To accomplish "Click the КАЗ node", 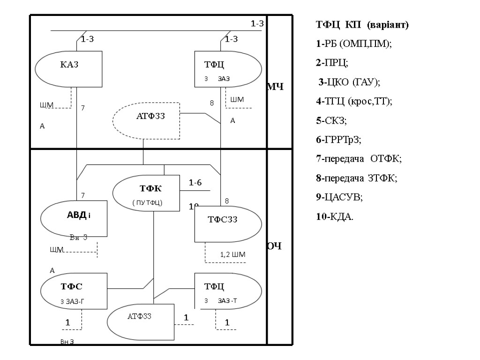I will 69,69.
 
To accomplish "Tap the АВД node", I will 75,218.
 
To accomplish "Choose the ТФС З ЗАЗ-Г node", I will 75,291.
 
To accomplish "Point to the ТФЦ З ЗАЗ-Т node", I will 228,291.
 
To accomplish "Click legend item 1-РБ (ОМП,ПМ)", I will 354,44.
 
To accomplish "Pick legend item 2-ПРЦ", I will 332,63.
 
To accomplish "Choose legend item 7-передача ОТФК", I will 359,159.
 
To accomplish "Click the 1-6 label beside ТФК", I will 195,183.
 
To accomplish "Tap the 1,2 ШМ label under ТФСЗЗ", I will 232,255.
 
